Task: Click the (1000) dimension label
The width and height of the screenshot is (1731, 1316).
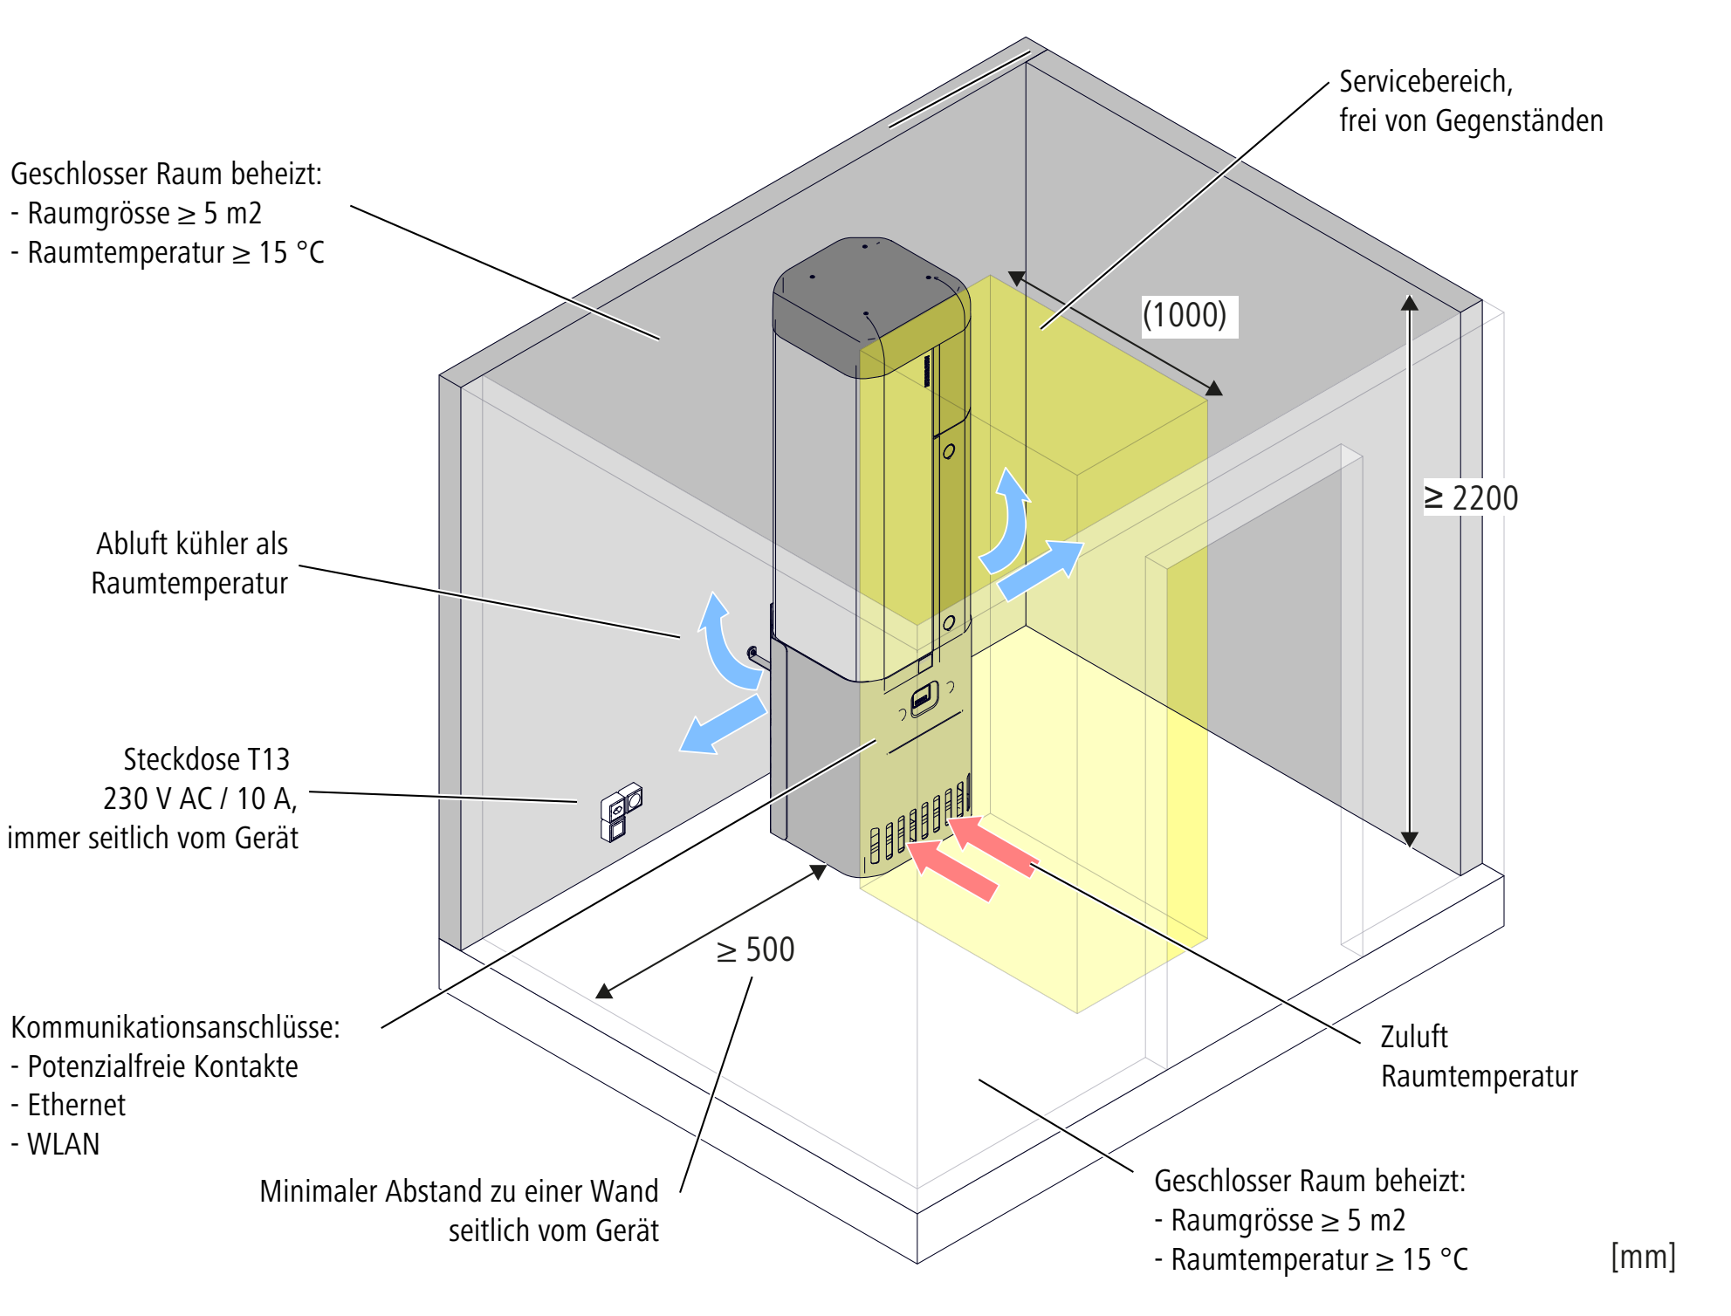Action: tap(1185, 315)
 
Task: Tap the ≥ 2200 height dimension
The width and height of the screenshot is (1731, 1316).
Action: tap(1472, 498)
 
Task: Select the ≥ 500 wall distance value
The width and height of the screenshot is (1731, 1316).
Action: tap(756, 949)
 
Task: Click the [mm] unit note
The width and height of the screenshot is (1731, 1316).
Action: tap(1643, 1257)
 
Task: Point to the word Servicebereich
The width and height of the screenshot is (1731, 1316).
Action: tap(1425, 81)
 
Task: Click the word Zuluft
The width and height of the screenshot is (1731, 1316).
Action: tap(1413, 1037)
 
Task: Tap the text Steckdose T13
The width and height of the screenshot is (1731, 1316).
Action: tap(206, 759)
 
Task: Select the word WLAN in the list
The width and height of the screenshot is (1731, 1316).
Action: tap(64, 1144)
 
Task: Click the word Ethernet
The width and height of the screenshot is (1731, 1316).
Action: tap(77, 1105)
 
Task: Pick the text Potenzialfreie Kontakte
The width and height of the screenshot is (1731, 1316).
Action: tap(162, 1066)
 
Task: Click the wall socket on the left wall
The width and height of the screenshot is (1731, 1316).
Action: tap(621, 812)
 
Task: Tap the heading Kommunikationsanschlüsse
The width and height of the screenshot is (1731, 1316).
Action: tap(175, 1027)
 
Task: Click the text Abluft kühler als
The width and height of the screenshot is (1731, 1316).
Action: tap(191, 544)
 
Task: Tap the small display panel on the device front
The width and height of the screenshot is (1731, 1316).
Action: tap(923, 698)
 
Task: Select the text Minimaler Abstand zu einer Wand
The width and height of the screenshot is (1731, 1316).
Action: tap(458, 1191)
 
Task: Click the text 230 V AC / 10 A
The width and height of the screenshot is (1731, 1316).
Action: tap(200, 799)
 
